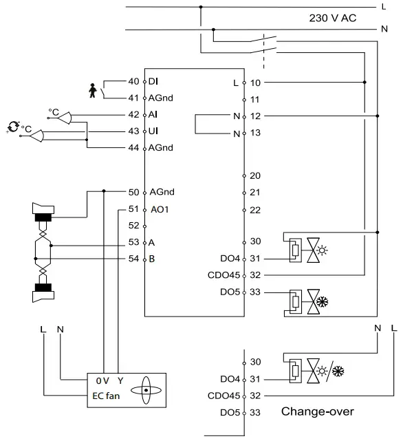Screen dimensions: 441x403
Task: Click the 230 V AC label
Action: click(334, 19)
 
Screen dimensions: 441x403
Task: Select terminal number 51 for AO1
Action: click(133, 208)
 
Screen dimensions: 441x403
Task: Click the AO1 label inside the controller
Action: click(159, 208)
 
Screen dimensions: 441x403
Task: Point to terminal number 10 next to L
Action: click(255, 83)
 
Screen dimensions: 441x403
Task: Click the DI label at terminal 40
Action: click(153, 82)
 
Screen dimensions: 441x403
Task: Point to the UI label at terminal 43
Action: click(153, 131)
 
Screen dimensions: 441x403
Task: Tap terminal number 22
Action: click(255, 209)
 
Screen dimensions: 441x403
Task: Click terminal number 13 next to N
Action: click(255, 133)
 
